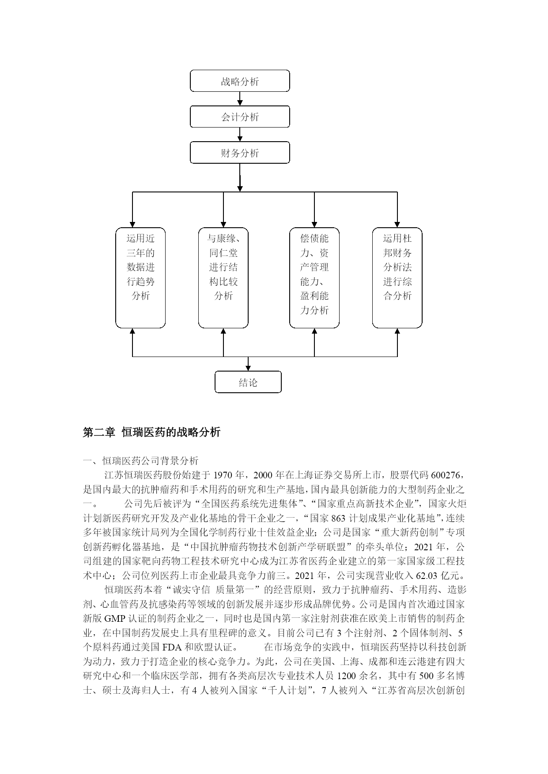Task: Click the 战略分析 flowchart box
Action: tap(240, 81)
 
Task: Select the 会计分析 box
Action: tap(240, 116)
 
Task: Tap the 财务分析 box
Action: tap(240, 153)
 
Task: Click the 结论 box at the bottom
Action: tap(248, 382)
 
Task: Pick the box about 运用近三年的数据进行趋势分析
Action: tap(140, 278)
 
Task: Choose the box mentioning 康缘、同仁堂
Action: tap(223, 278)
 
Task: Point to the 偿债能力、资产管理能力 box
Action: tap(314, 278)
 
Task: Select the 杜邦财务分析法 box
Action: tap(397, 278)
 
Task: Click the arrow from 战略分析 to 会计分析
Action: tap(240, 99)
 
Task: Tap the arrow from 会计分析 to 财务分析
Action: tap(240, 135)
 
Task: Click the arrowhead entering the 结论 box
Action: tap(248, 368)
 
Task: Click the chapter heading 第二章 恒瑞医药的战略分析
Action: tap(152, 432)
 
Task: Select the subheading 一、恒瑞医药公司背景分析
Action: tap(141, 461)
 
